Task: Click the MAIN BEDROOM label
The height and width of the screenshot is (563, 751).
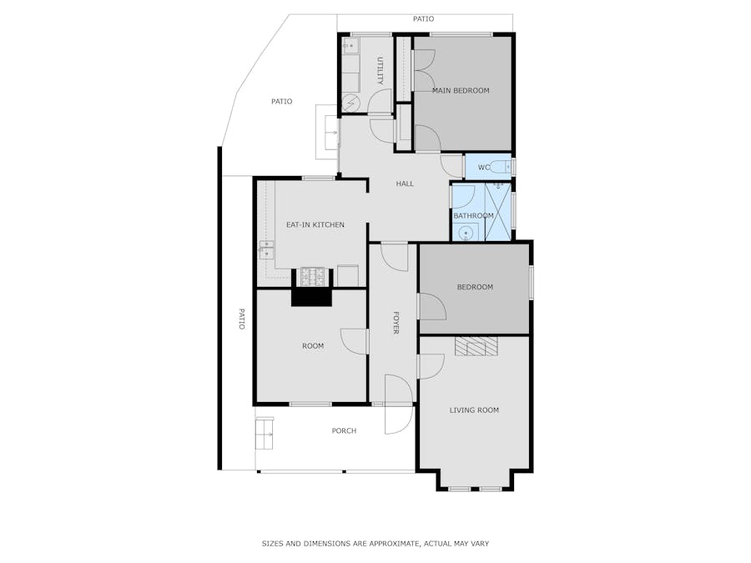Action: click(461, 90)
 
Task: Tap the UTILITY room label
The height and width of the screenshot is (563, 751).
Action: click(381, 71)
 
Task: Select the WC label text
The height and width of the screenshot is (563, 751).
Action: click(484, 168)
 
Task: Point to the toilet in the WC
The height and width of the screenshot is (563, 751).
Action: click(501, 167)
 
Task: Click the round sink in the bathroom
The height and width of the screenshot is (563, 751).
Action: click(466, 234)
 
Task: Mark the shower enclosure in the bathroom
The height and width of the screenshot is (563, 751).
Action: click(497, 212)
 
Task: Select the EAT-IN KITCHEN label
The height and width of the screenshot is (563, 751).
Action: click(315, 224)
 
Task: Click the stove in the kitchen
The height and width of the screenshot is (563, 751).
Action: click(313, 277)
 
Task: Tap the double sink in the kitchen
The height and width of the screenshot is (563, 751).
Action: click(266, 250)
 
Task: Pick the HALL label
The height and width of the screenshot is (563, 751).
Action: click(405, 183)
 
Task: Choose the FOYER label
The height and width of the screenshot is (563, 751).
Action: click(396, 323)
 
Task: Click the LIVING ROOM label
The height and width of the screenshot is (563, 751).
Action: click(474, 410)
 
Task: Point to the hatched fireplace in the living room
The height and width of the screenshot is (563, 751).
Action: click(476, 346)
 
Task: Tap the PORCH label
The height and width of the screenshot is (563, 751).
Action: click(344, 431)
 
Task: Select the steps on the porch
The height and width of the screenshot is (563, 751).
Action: click(265, 434)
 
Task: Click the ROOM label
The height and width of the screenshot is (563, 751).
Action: click(313, 346)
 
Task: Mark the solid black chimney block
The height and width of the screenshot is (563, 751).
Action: click(311, 297)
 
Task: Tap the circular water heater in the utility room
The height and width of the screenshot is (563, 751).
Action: click(350, 102)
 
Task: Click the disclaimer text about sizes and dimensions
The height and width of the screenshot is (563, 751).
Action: click(375, 543)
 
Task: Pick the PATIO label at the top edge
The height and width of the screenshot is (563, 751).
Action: click(423, 19)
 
